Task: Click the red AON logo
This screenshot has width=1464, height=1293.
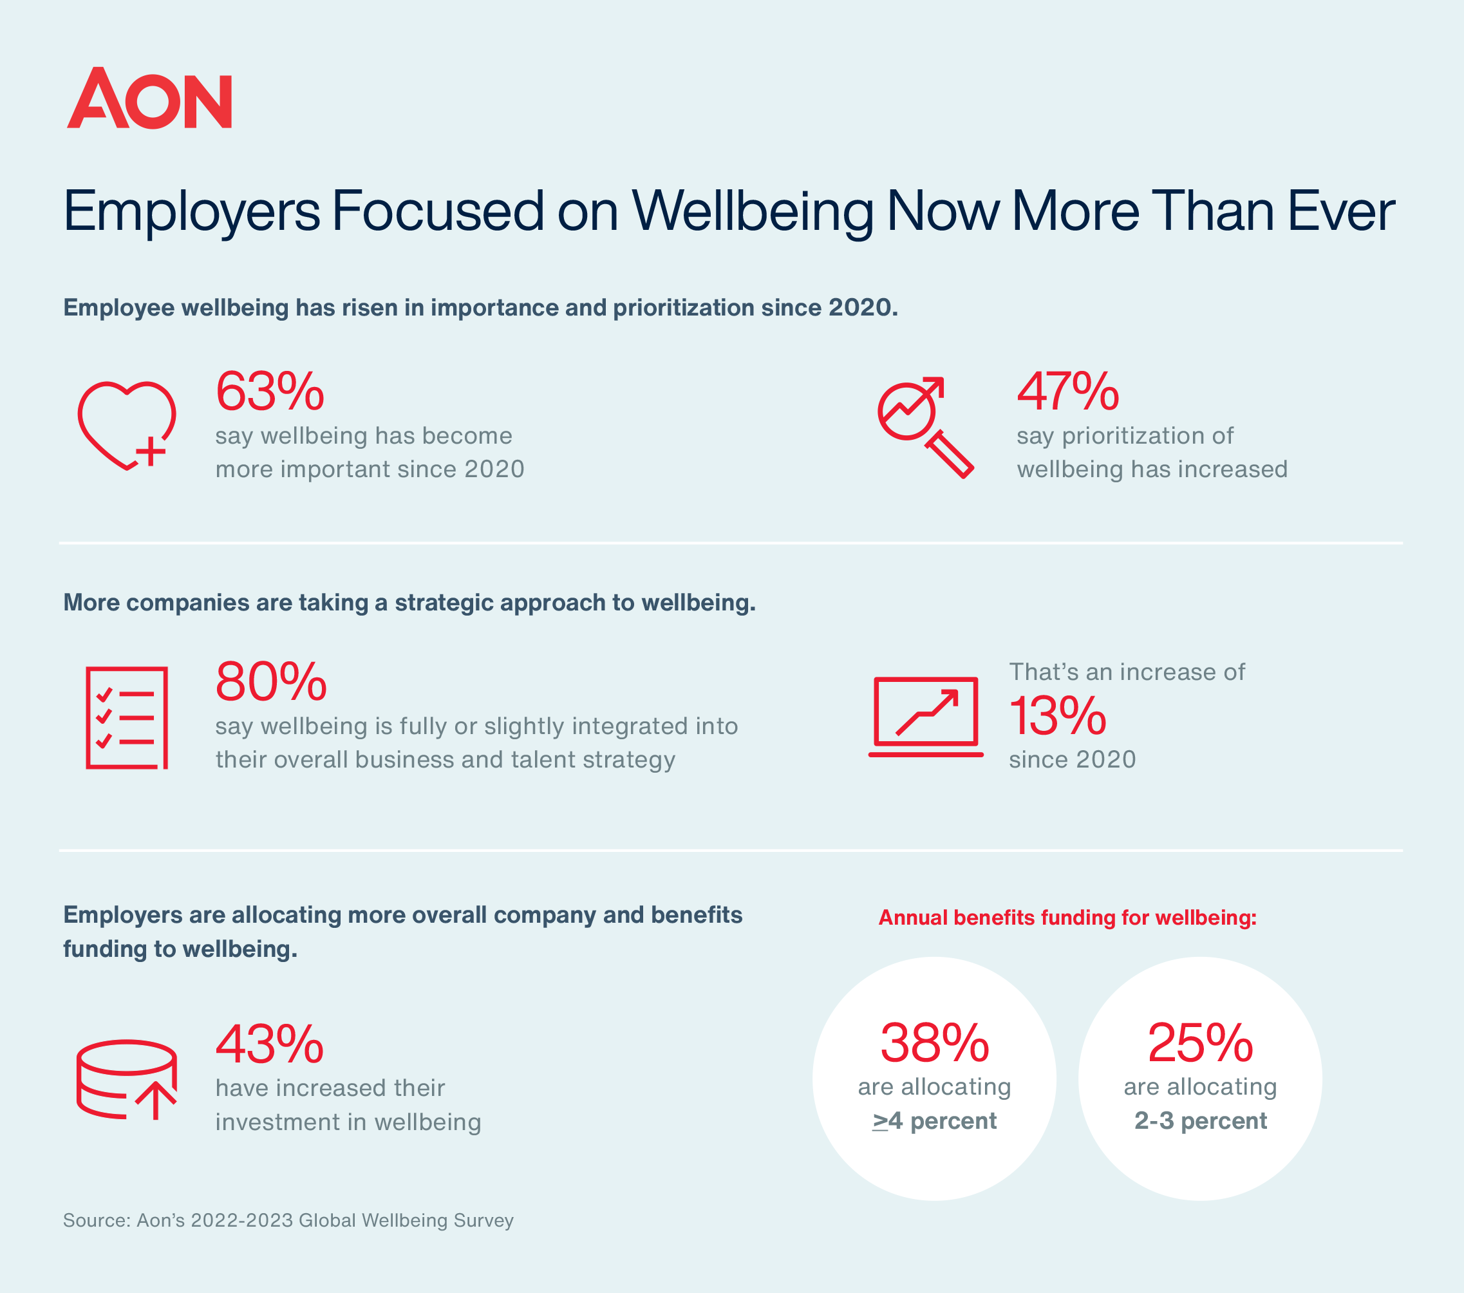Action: [x=149, y=99]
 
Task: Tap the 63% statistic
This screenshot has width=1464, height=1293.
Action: [x=269, y=392]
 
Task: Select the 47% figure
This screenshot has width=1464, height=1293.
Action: [x=1067, y=392]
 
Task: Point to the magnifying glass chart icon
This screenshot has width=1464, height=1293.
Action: [x=924, y=426]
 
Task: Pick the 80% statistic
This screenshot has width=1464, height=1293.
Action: [x=271, y=682]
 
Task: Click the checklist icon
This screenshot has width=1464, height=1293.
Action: [x=127, y=718]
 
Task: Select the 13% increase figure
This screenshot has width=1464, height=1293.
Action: [x=1057, y=716]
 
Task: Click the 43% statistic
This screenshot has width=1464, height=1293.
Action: [x=269, y=1044]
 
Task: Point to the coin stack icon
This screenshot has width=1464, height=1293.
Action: [x=127, y=1079]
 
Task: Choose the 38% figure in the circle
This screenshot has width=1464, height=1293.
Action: [x=934, y=1043]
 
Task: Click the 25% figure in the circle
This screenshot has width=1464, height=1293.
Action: [x=1199, y=1043]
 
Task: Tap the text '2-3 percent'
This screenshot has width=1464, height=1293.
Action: [x=1201, y=1120]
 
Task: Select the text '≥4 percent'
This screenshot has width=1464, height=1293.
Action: [x=934, y=1120]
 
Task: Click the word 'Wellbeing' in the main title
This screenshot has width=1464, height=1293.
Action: [x=752, y=212]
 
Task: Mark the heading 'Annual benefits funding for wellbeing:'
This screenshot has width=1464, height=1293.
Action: [x=1067, y=918]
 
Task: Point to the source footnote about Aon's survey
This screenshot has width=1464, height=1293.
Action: [x=288, y=1220]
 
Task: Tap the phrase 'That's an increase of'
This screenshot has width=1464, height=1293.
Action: [x=1127, y=672]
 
